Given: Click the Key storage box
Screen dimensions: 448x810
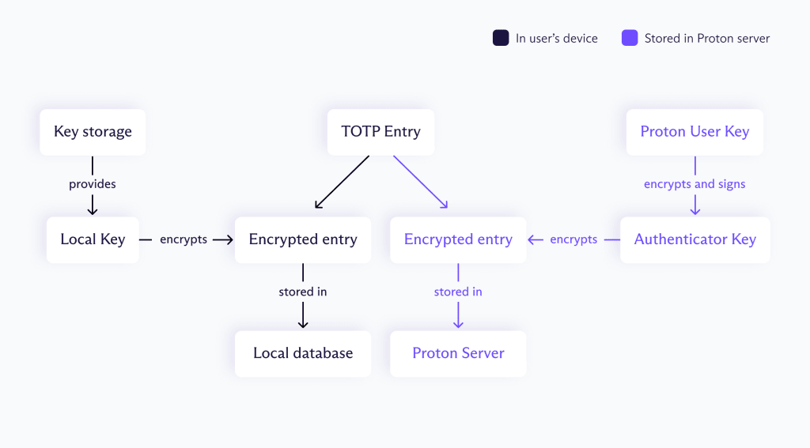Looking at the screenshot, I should pyautogui.click(x=93, y=132).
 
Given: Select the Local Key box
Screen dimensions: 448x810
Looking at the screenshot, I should pyautogui.click(x=93, y=239).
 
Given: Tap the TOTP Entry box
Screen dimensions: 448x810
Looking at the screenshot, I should pyautogui.click(x=380, y=132).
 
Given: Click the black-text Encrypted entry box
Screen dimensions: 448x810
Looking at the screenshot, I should pyautogui.click(x=303, y=239).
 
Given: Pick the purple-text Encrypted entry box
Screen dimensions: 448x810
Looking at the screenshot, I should pyautogui.click(x=458, y=239).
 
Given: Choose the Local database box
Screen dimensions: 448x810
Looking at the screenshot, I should pyautogui.click(x=303, y=353).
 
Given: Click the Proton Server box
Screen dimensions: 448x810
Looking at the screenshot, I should pyautogui.click(x=458, y=353).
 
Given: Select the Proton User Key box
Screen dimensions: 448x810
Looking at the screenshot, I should pyautogui.click(x=695, y=132).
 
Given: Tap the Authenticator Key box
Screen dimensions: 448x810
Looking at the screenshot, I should pyautogui.click(x=695, y=239).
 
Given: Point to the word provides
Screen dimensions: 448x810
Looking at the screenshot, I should pyautogui.click(x=93, y=184).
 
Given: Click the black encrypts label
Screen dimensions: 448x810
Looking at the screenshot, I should pyautogui.click(x=184, y=239).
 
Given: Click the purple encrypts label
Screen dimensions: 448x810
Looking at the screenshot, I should pyautogui.click(x=573, y=239).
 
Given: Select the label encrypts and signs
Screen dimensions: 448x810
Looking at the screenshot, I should pyautogui.click(x=695, y=184).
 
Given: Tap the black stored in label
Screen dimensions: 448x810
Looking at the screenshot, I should pyautogui.click(x=303, y=292).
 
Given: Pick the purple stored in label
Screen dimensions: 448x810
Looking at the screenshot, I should pyautogui.click(x=458, y=292).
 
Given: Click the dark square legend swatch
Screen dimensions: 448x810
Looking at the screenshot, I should pyautogui.click(x=501, y=38).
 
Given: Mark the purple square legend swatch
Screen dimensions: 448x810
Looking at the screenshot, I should pyautogui.click(x=630, y=38).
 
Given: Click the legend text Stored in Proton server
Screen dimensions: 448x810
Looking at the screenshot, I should pyautogui.click(x=706, y=38).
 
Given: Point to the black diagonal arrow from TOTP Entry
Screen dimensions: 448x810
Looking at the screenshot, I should pyautogui.click(x=343, y=182).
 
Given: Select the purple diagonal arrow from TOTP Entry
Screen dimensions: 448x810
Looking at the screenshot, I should pyautogui.click(x=421, y=182).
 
